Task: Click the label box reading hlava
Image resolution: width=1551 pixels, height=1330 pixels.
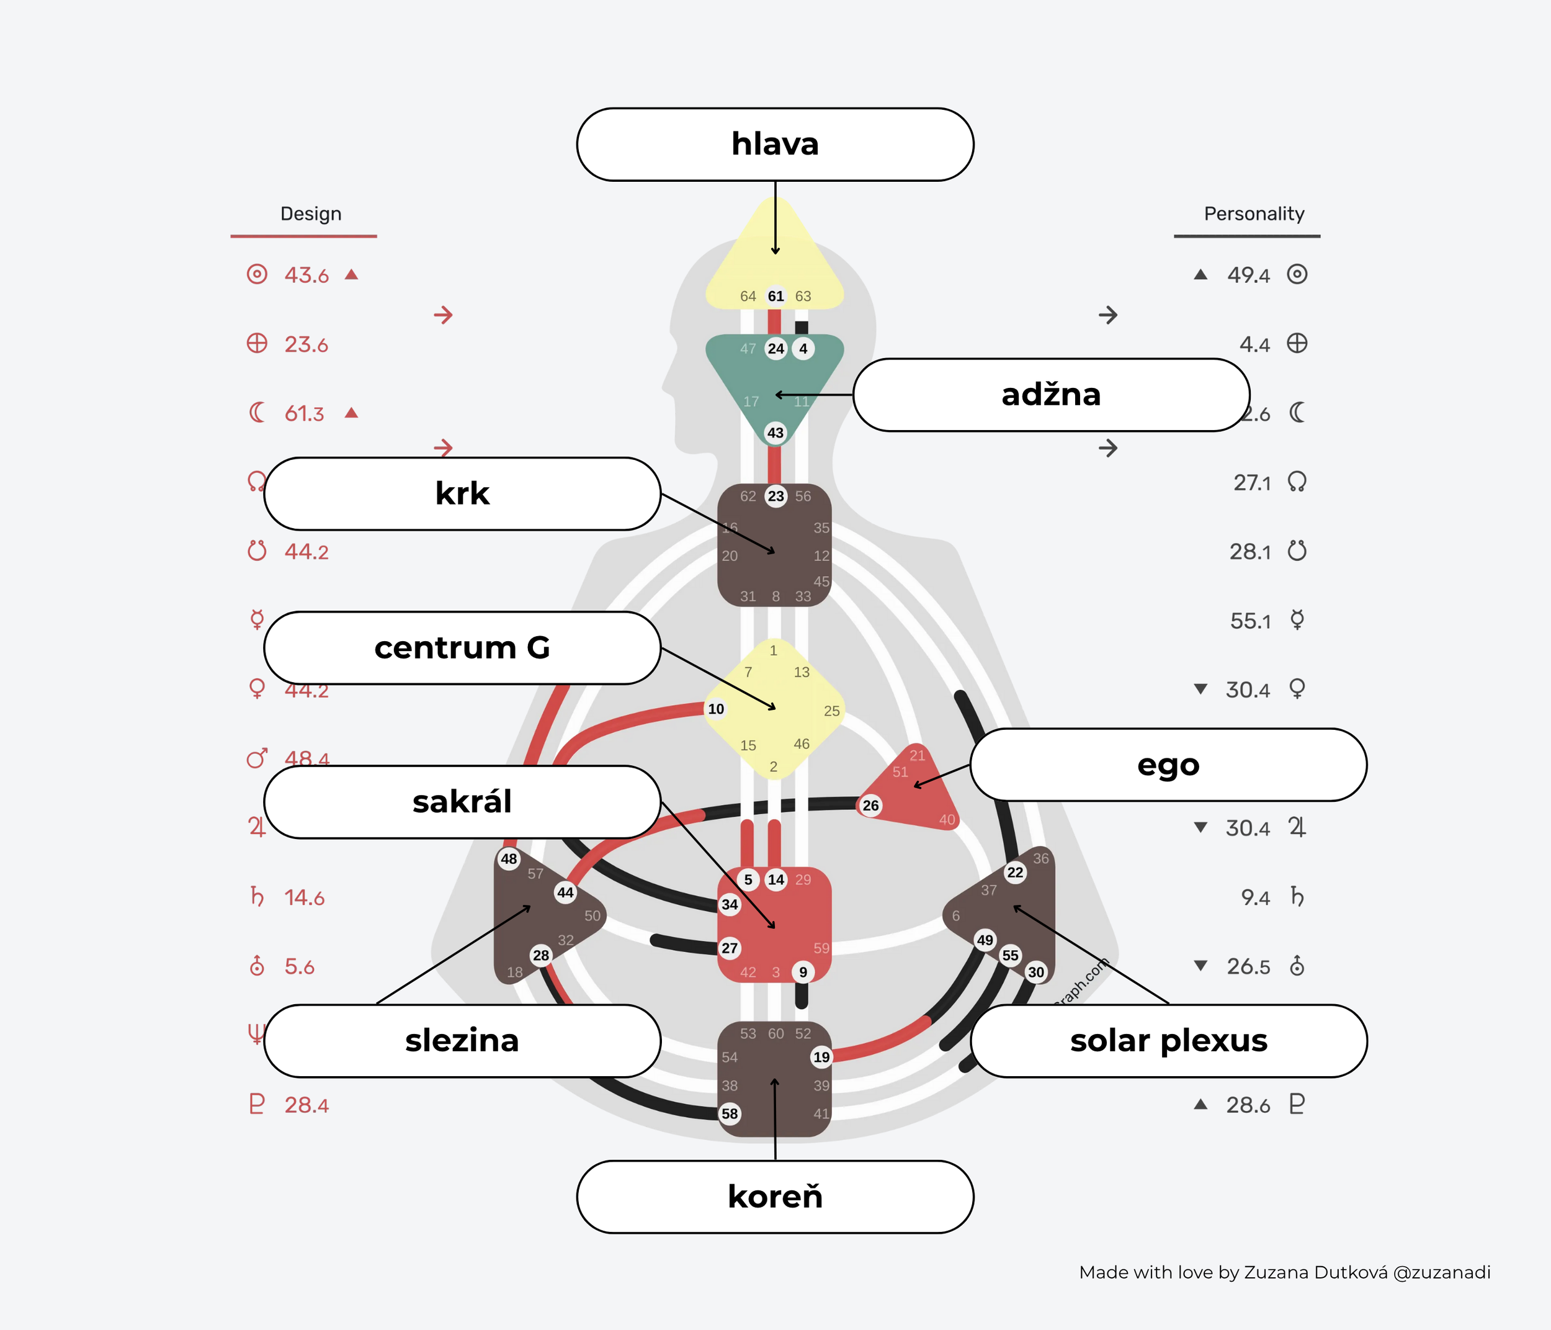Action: [x=775, y=145]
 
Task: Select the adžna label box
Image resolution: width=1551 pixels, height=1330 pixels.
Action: [x=1051, y=395]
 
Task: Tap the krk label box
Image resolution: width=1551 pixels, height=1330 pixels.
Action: [x=462, y=493]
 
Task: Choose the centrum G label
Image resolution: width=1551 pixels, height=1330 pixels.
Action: [x=462, y=648]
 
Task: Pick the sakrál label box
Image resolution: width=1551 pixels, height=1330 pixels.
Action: [x=462, y=802]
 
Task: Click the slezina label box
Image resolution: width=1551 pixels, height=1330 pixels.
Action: [x=462, y=1041]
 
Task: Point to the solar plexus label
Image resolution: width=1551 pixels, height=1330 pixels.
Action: [x=1168, y=1041]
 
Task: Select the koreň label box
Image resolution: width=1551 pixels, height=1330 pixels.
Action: [x=775, y=1197]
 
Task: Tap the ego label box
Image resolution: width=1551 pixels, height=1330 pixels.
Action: [x=1168, y=765]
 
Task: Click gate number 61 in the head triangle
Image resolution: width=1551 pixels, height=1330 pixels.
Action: [x=775, y=296]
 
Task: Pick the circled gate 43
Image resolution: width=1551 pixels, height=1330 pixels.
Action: [x=775, y=432]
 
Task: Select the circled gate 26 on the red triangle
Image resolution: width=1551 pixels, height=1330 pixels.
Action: [x=870, y=805]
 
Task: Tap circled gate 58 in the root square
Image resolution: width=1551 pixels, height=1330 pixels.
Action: [x=730, y=1113]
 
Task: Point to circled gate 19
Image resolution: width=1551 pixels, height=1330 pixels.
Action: [x=822, y=1057]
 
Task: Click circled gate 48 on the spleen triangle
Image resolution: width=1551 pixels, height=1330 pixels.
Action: [x=509, y=859]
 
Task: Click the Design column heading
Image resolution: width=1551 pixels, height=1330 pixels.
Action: [x=311, y=214]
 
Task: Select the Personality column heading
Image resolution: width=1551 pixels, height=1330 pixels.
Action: [x=1254, y=214]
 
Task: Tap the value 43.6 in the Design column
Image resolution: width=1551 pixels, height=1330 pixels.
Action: [x=306, y=276]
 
